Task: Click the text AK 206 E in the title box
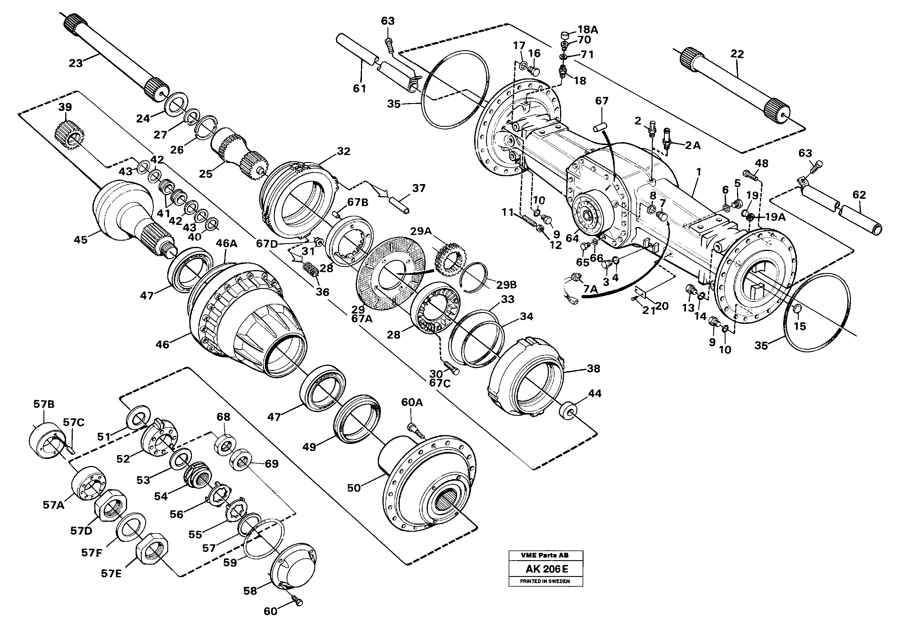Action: [545, 569]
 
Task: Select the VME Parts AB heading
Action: [545, 555]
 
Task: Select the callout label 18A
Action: [588, 29]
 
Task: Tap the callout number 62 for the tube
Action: [859, 195]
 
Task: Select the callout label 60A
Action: [412, 402]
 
